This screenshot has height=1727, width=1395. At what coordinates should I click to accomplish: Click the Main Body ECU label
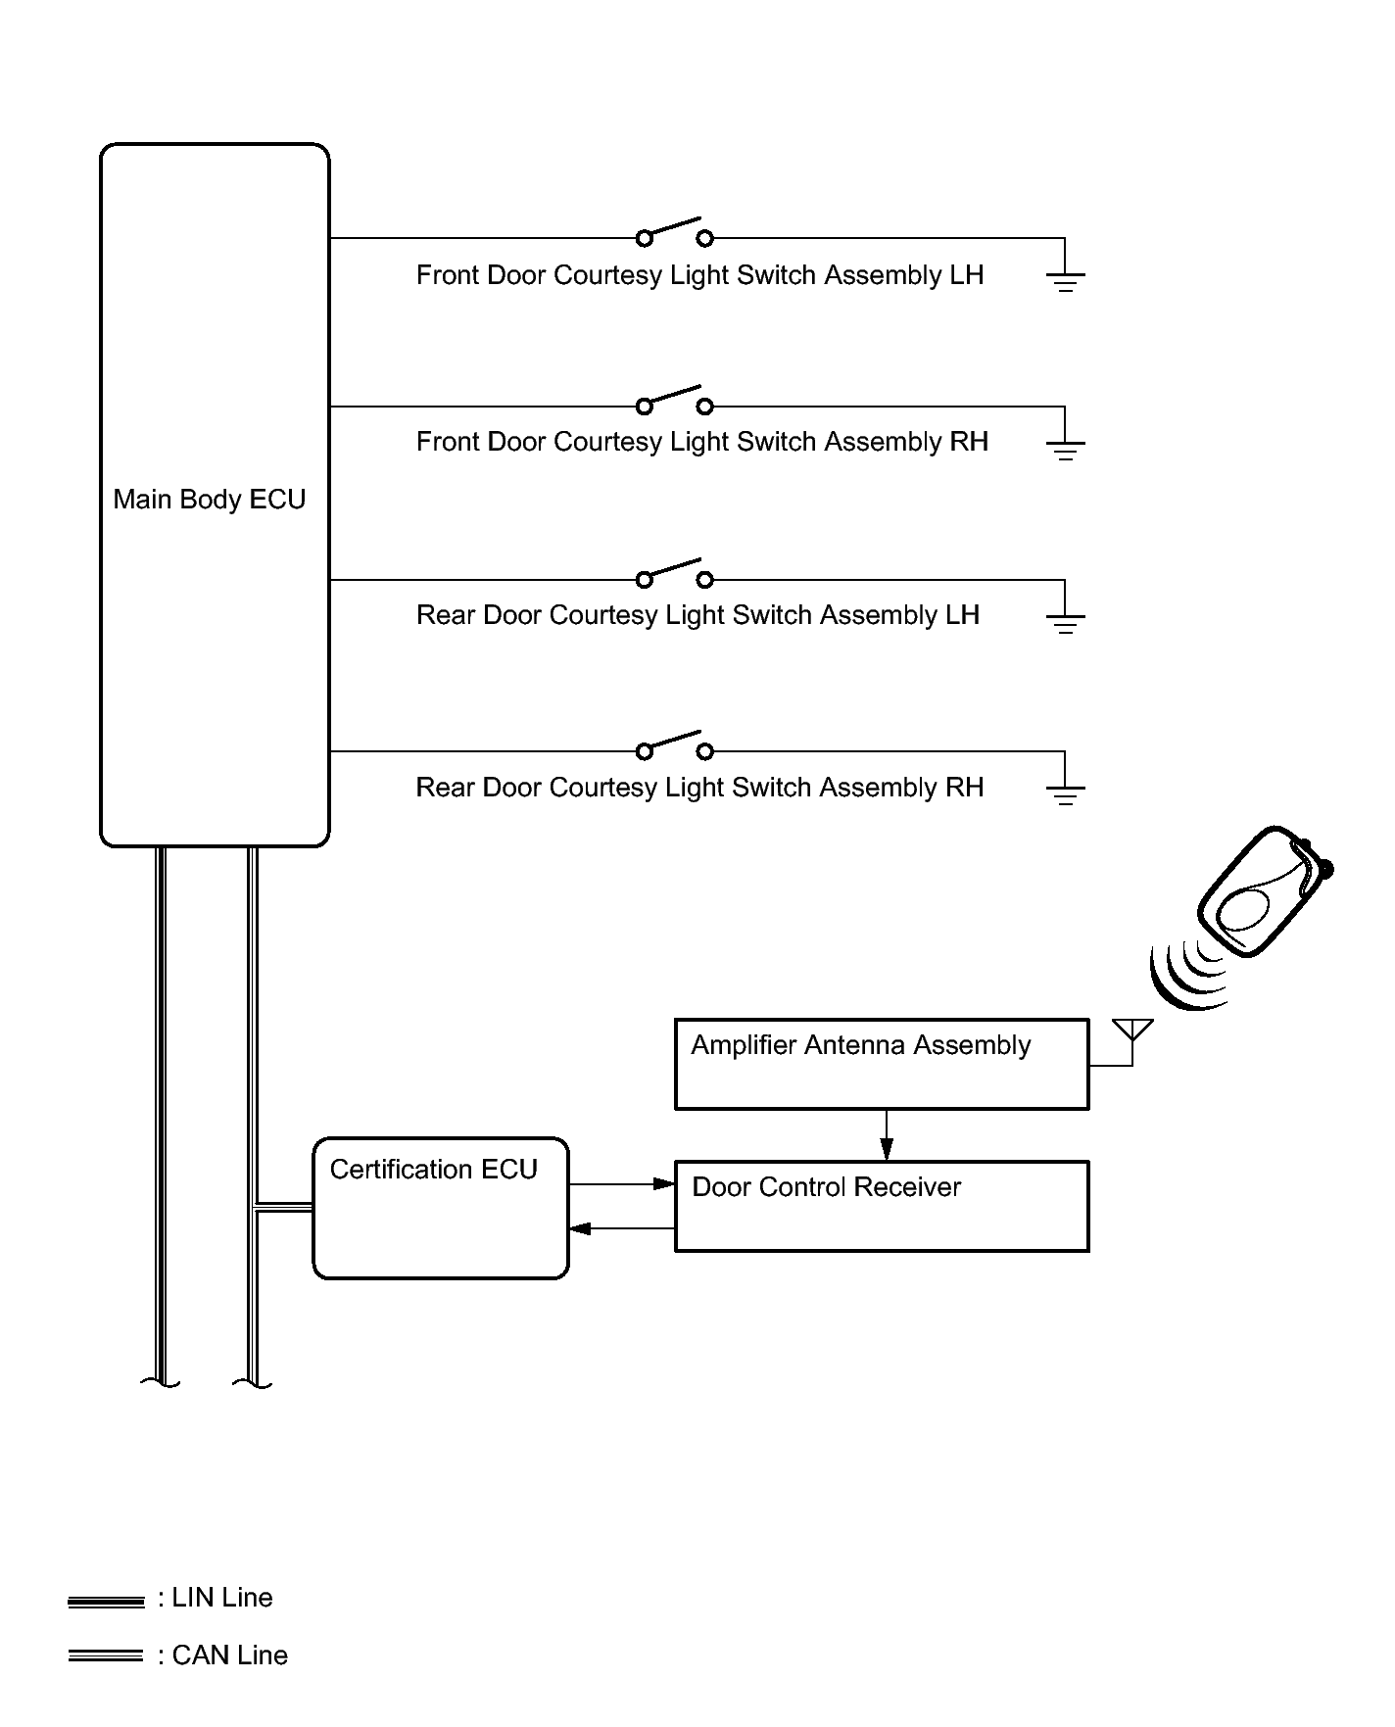pyautogui.click(x=210, y=500)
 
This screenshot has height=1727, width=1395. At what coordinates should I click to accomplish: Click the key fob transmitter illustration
pyautogui.click(x=1265, y=890)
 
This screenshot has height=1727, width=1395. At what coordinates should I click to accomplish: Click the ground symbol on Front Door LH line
pyautogui.click(x=1066, y=283)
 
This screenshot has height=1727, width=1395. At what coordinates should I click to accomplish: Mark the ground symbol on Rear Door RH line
pyautogui.click(x=1066, y=795)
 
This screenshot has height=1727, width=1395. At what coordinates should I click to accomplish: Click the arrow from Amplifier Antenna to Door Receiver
pyautogui.click(x=887, y=1135)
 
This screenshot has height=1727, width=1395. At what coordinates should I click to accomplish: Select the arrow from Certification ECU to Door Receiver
pyautogui.click(x=622, y=1184)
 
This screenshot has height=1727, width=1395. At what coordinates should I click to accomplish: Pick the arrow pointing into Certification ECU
pyautogui.click(x=622, y=1228)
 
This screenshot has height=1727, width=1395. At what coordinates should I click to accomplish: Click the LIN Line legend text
pyautogui.click(x=216, y=1598)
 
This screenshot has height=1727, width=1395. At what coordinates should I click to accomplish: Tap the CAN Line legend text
pyautogui.click(x=223, y=1655)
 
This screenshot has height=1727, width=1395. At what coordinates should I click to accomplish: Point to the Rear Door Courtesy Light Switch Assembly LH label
pyautogui.click(x=697, y=615)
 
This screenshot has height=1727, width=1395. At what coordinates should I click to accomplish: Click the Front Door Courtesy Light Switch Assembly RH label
pyautogui.click(x=702, y=442)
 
